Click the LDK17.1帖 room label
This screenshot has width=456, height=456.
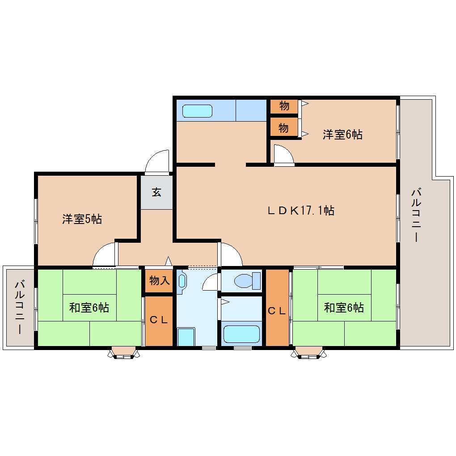click(301, 210)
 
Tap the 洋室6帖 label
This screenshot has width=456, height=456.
click(342, 134)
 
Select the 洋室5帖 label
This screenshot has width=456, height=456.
click(82, 219)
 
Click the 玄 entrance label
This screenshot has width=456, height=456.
click(156, 192)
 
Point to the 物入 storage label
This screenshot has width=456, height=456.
click(159, 281)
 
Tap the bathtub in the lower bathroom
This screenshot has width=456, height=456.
click(241, 334)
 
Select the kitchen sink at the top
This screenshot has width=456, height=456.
click(197, 111)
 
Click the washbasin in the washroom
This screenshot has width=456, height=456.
click(182, 281)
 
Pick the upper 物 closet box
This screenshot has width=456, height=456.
click(284, 106)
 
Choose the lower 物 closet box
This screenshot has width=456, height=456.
click(284, 128)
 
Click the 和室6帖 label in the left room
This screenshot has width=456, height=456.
click(89, 308)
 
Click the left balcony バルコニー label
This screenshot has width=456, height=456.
click(19, 307)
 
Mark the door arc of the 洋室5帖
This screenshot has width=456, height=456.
click(104, 256)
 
